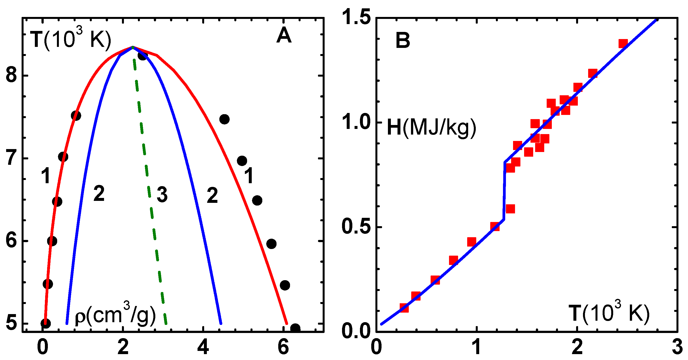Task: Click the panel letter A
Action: [x=284, y=36]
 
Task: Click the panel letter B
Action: [x=402, y=41]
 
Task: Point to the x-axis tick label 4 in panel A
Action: [x=203, y=347]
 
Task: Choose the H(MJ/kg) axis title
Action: [x=431, y=128]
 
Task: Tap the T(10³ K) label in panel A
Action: [x=70, y=40]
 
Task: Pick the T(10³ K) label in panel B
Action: [x=609, y=313]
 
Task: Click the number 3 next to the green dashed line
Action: [x=162, y=194]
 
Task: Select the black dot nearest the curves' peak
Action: [x=143, y=56]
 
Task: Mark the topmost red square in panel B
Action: [x=623, y=43]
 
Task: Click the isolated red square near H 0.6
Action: [x=510, y=209]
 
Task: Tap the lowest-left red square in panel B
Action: [x=404, y=308]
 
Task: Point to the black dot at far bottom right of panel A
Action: [x=295, y=328]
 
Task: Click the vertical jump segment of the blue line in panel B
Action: [x=504, y=191]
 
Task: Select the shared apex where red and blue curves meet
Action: [x=132, y=47]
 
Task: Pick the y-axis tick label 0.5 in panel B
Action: [x=357, y=226]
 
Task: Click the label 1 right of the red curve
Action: [x=249, y=176]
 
